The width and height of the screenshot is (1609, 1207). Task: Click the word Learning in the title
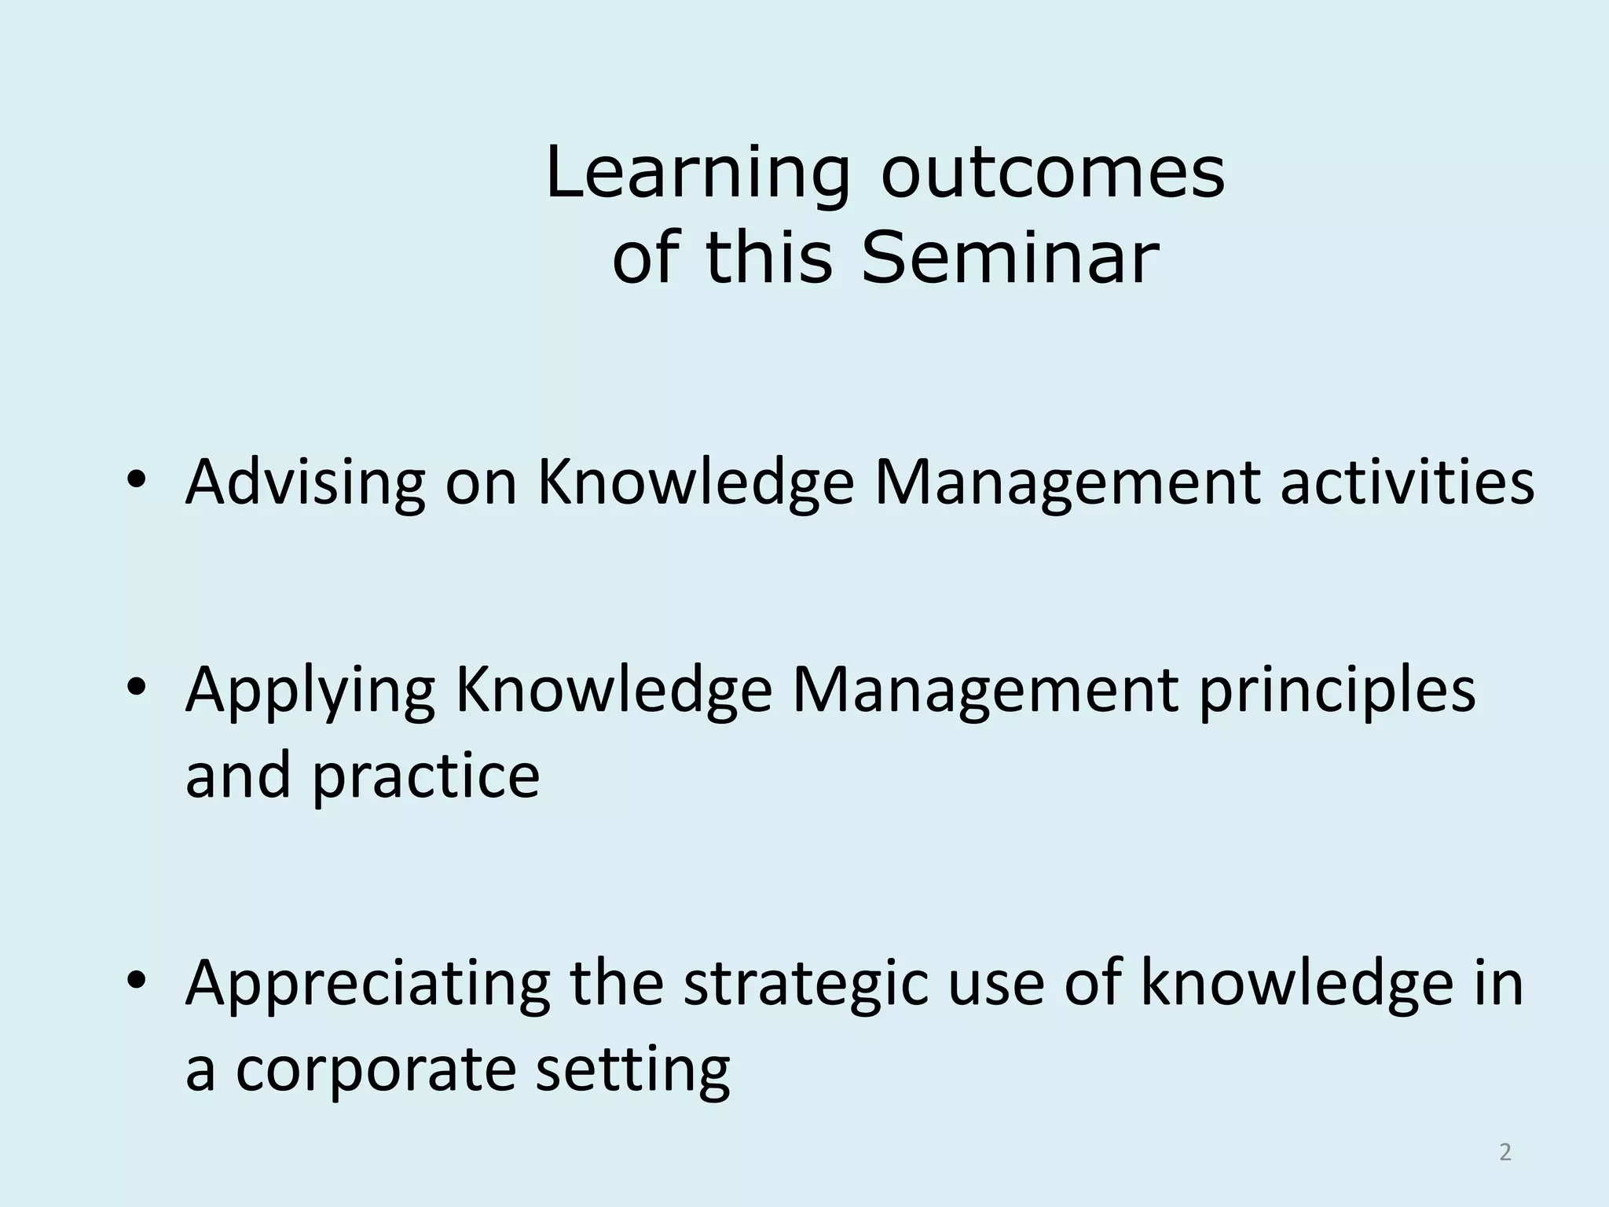tap(697, 174)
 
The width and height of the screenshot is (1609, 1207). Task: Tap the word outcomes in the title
tap(1052, 174)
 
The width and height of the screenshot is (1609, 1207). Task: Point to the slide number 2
tap(1505, 1152)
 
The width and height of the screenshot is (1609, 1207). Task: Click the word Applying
tap(310, 691)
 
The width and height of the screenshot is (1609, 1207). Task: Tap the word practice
tap(426, 776)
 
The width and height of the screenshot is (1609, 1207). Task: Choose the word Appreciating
tap(367, 984)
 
